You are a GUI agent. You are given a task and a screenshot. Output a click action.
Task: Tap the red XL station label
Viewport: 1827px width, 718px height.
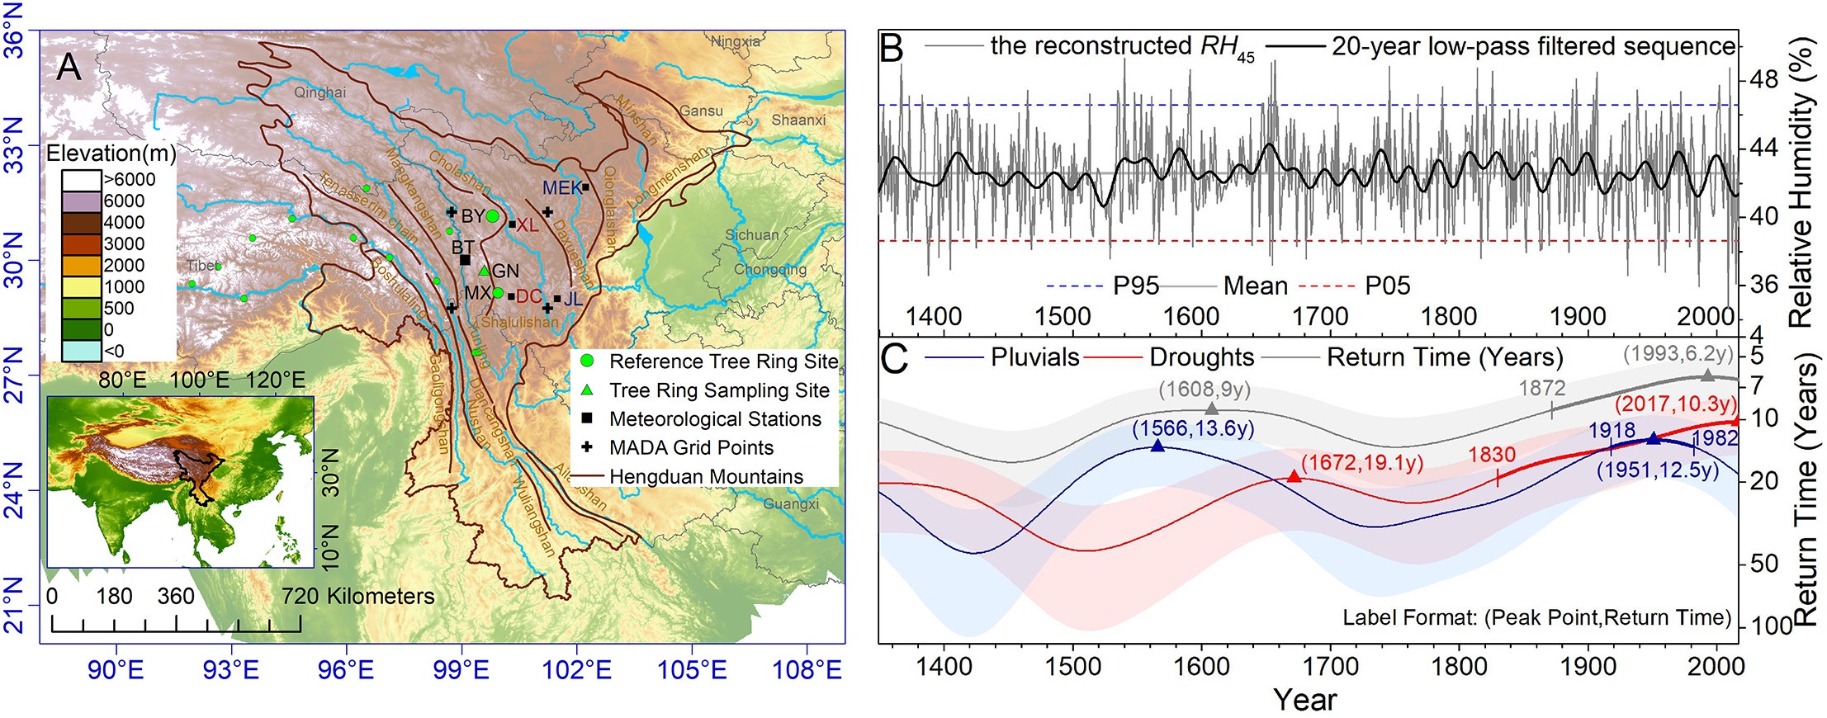click(527, 224)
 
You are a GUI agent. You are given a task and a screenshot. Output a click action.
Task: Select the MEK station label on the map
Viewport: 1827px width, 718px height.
click(561, 188)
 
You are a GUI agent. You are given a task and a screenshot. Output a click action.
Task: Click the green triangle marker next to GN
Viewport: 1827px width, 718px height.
click(484, 271)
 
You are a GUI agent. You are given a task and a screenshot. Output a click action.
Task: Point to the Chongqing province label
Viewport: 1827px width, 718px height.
click(769, 269)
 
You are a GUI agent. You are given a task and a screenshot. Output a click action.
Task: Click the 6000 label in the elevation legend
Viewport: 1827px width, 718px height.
click(124, 201)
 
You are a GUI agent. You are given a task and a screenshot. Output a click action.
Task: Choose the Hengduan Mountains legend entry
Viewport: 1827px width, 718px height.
click(706, 477)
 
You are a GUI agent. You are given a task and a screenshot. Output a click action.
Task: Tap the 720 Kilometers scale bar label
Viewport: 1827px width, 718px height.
click(357, 597)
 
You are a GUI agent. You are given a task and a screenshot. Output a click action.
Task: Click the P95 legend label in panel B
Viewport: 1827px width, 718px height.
click(1136, 286)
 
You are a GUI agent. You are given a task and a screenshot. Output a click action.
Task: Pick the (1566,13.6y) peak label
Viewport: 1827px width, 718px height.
click(1193, 428)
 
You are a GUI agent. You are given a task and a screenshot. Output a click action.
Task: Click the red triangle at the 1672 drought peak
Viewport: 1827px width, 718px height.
click(1294, 477)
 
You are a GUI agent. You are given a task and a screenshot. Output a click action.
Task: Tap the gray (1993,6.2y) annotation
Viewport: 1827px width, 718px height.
click(1678, 354)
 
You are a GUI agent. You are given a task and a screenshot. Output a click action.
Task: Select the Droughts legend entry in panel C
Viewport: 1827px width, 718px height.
click(1201, 357)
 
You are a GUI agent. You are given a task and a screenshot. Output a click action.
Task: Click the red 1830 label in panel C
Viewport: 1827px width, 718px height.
click(1492, 455)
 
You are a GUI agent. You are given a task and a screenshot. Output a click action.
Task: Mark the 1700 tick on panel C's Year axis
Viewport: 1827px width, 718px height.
click(1329, 667)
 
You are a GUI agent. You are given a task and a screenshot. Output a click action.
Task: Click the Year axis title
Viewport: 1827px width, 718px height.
click(1304, 700)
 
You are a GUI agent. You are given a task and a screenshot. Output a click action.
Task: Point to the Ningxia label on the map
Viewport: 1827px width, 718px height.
click(735, 41)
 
